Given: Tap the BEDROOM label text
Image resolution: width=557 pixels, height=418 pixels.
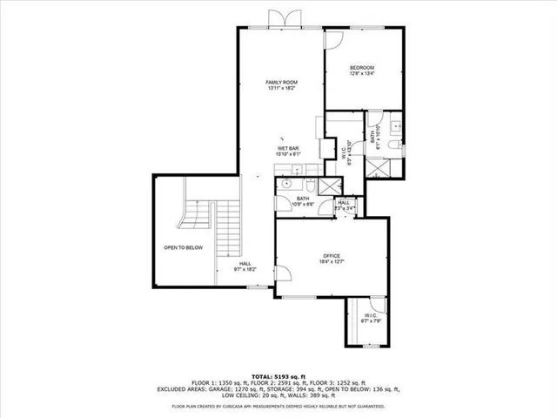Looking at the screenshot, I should (362, 68).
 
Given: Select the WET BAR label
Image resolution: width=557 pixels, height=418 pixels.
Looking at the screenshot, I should (289, 149).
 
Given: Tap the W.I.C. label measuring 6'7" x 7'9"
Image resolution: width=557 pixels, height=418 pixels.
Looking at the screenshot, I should (371, 315).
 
